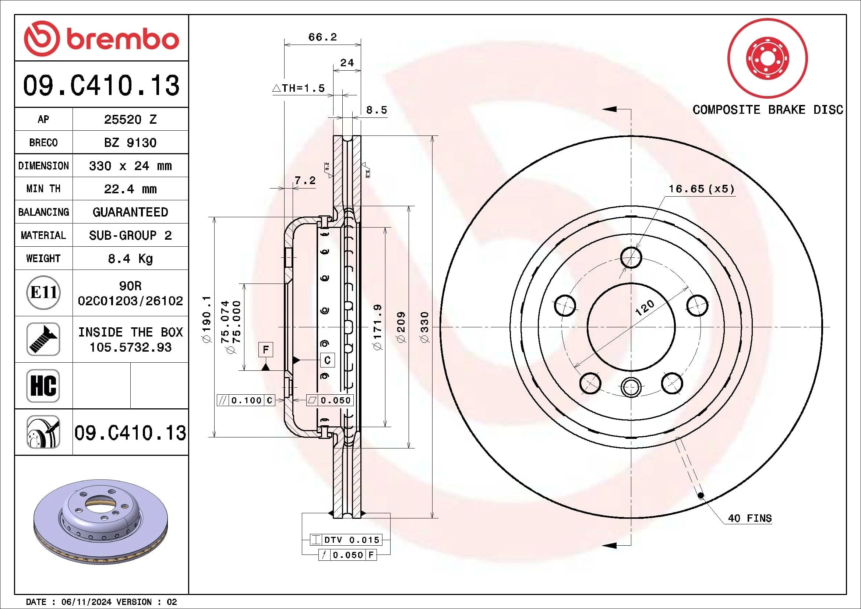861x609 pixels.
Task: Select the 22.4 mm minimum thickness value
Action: tap(130, 189)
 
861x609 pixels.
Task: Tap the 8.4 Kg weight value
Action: tap(130, 259)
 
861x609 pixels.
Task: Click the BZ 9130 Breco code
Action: tap(130, 142)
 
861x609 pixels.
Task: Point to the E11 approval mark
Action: tap(44, 292)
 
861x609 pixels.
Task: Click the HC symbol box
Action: tap(43, 386)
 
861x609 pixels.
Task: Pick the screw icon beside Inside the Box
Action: tap(43, 339)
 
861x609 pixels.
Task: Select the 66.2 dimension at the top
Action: tap(322, 37)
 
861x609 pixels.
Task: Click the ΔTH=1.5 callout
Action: tap(299, 88)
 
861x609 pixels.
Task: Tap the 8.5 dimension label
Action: tap(376, 110)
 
